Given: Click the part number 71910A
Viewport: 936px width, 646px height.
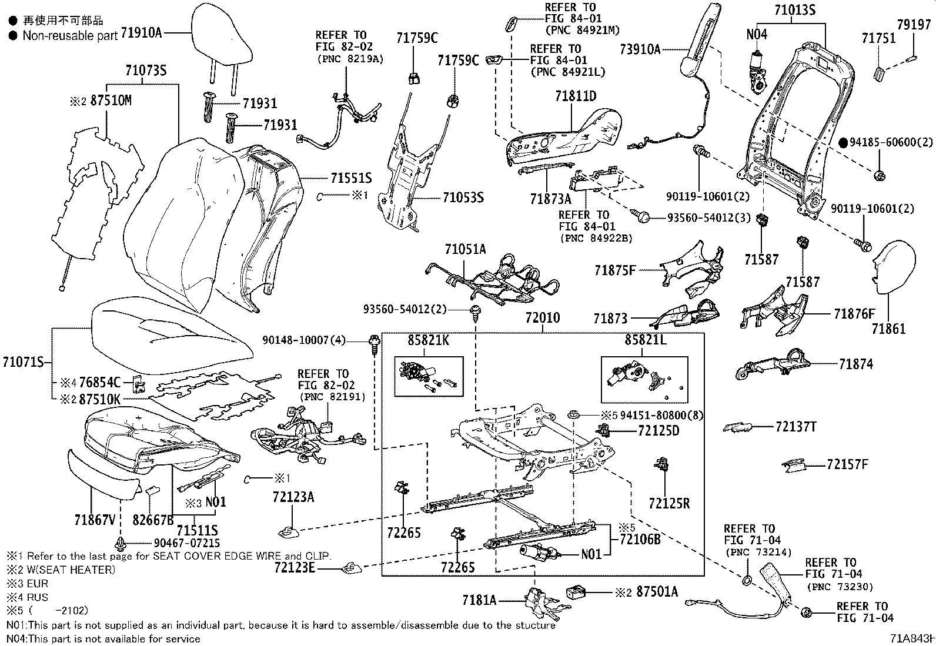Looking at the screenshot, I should pyautogui.click(x=141, y=34).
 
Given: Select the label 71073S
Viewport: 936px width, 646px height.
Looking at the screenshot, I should pyautogui.click(x=146, y=71).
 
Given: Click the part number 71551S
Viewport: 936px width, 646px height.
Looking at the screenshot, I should pyautogui.click(x=350, y=178).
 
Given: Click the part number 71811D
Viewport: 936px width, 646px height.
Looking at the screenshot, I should pyautogui.click(x=576, y=96).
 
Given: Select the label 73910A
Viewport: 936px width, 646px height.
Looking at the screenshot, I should pyautogui.click(x=640, y=49).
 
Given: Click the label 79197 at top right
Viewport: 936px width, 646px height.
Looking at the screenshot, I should pyautogui.click(x=914, y=25).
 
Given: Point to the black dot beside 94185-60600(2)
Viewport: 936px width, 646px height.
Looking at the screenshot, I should pyautogui.click(x=843, y=142).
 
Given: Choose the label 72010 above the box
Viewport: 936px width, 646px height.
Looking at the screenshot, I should pyautogui.click(x=543, y=318).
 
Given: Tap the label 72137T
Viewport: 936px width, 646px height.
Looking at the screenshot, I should pyautogui.click(x=796, y=427).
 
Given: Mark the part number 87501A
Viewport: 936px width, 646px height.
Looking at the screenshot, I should pyautogui.click(x=657, y=592).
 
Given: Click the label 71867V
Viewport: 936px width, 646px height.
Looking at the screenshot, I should pyautogui.click(x=95, y=520).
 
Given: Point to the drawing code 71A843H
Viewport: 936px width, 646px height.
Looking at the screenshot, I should pyautogui.click(x=911, y=639).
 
